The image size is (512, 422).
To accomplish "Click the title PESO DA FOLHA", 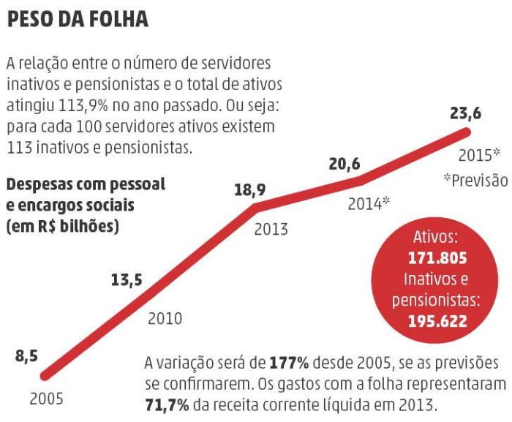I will (x=78, y=20).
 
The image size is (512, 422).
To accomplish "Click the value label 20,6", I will (x=345, y=164).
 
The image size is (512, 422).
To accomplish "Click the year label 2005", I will (x=46, y=400).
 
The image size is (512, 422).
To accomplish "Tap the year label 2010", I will (x=165, y=319).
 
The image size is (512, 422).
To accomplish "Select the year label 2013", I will (x=271, y=230).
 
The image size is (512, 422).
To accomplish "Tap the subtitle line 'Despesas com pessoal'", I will (x=86, y=185).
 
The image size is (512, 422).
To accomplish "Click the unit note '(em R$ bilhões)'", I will (x=63, y=227).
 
